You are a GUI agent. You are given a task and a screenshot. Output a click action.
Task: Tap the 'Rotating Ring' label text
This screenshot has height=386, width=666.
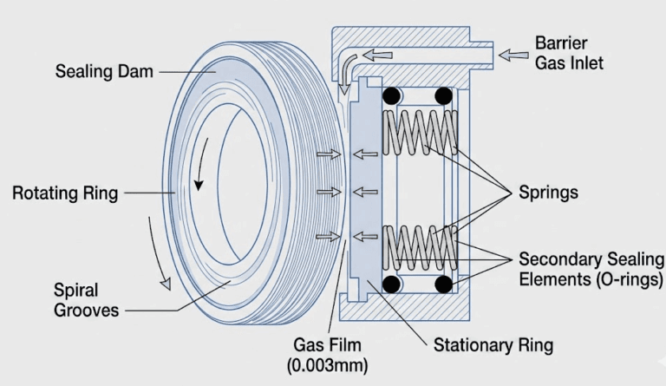coord(65,193)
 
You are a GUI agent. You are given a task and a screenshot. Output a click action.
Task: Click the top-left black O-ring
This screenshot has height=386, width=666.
coord(391,95)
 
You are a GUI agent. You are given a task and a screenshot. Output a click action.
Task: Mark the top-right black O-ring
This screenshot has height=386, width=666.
coord(444,95)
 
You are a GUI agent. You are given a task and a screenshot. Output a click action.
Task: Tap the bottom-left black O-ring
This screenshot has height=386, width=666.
coord(391,285)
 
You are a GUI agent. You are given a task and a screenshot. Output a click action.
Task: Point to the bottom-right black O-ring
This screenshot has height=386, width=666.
coord(444,285)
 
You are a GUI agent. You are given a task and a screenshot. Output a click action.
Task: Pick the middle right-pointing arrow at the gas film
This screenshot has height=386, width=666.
coord(327,192)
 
